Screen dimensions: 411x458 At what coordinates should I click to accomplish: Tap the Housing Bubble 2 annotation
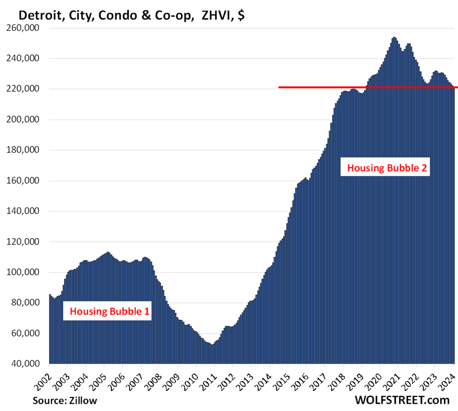point(387,168)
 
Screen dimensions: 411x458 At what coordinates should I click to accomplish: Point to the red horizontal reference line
point(366,87)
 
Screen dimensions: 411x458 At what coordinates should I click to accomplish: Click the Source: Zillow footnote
point(65,400)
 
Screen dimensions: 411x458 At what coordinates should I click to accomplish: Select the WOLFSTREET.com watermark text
point(403,400)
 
